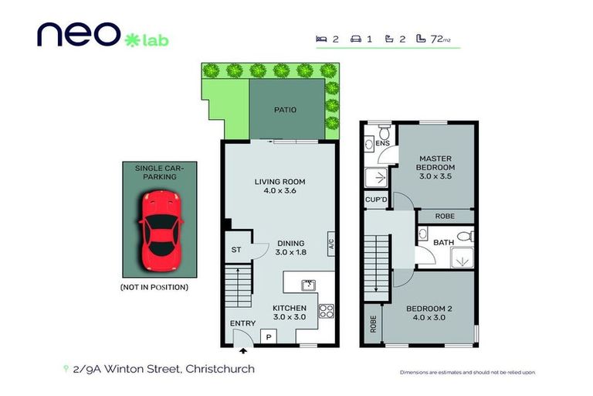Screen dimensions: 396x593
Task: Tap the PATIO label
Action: (285, 110)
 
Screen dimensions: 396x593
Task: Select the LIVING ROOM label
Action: (276, 183)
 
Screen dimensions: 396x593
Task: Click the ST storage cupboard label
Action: (236, 250)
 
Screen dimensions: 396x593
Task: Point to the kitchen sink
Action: (307, 284)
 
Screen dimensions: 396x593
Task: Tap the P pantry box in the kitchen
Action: (269, 336)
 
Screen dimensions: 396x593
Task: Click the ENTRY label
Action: (242, 323)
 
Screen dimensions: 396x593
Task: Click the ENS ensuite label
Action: (381, 143)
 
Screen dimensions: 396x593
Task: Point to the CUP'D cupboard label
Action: (376, 200)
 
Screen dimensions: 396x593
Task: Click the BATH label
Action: (443, 243)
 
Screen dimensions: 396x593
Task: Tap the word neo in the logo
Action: (76, 34)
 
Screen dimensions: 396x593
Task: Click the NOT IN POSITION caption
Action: (154, 288)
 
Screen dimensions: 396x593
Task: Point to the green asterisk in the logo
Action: (131, 37)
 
